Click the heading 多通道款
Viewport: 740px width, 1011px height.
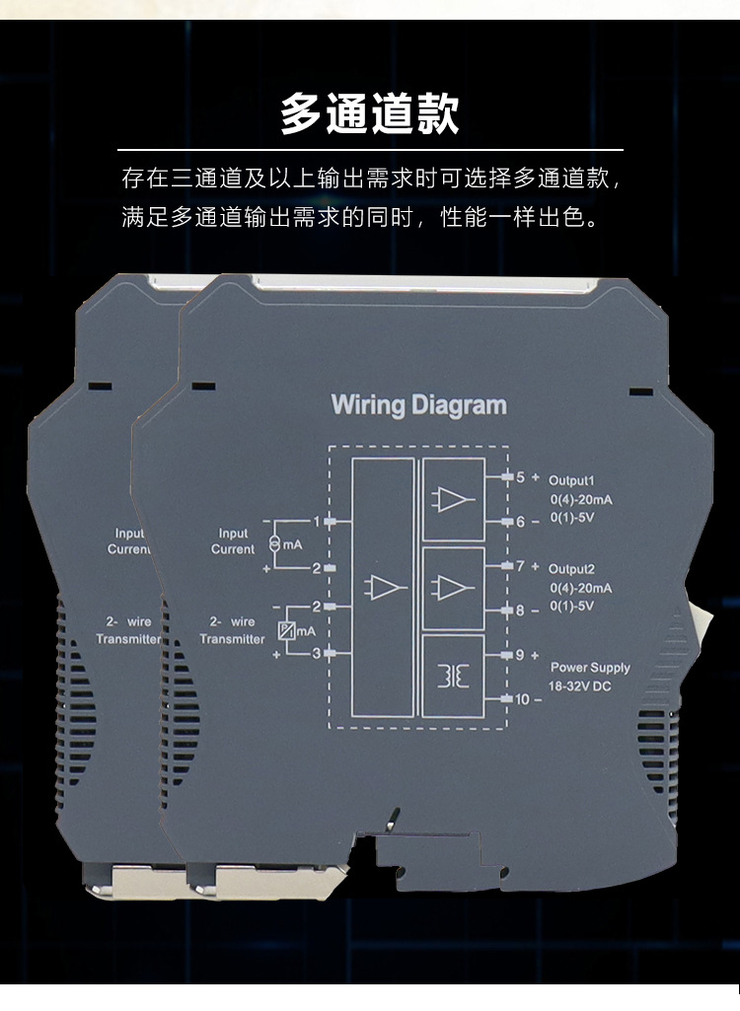369,113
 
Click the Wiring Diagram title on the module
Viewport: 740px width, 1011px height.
418,404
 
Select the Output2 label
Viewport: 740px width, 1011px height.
572,569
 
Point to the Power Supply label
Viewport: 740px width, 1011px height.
590,668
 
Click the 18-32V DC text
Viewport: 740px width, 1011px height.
580,686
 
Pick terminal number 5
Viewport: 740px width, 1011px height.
520,476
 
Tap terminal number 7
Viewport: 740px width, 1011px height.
520,566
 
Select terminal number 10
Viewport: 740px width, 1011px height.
523,699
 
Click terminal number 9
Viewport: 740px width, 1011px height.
520,654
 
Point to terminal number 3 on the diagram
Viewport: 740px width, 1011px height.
317,653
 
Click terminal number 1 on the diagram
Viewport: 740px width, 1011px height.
317,521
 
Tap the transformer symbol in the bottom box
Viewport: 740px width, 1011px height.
454,677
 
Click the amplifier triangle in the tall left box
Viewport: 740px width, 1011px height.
385,588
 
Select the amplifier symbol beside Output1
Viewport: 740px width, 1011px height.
454,499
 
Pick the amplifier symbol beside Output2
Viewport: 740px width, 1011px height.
454,588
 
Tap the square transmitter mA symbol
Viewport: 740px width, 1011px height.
285,631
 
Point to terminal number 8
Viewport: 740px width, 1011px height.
520,611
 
